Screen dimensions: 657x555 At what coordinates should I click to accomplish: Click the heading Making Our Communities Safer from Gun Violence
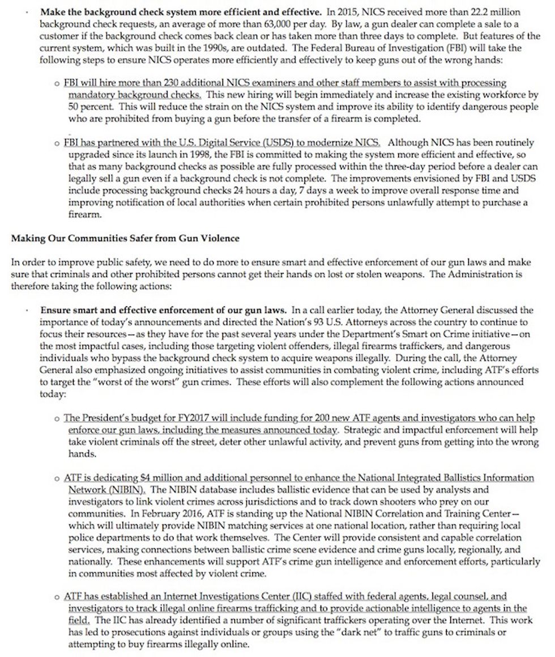tap(125, 239)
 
